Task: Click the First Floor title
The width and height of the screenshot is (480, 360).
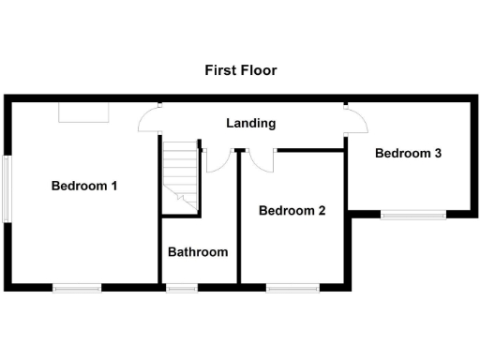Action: click(x=241, y=70)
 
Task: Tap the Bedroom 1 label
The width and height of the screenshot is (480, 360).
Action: click(x=83, y=186)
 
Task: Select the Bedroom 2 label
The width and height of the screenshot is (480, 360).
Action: click(x=292, y=211)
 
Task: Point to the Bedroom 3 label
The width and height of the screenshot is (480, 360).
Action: click(x=408, y=154)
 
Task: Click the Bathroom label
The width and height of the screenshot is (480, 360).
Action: click(x=197, y=252)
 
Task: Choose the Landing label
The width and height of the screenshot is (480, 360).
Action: click(x=250, y=123)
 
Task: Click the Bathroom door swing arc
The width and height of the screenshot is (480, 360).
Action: click(x=217, y=162)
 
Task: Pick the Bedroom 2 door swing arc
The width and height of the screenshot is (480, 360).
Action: click(x=262, y=161)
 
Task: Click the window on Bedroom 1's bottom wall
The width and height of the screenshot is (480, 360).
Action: click(x=77, y=288)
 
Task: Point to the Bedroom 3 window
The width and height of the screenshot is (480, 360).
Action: click(x=412, y=215)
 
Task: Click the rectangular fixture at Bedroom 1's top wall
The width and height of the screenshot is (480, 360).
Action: click(x=83, y=112)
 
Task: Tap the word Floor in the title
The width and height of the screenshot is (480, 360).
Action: click(x=259, y=70)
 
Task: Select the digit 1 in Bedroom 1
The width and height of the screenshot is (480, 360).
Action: click(x=113, y=186)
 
